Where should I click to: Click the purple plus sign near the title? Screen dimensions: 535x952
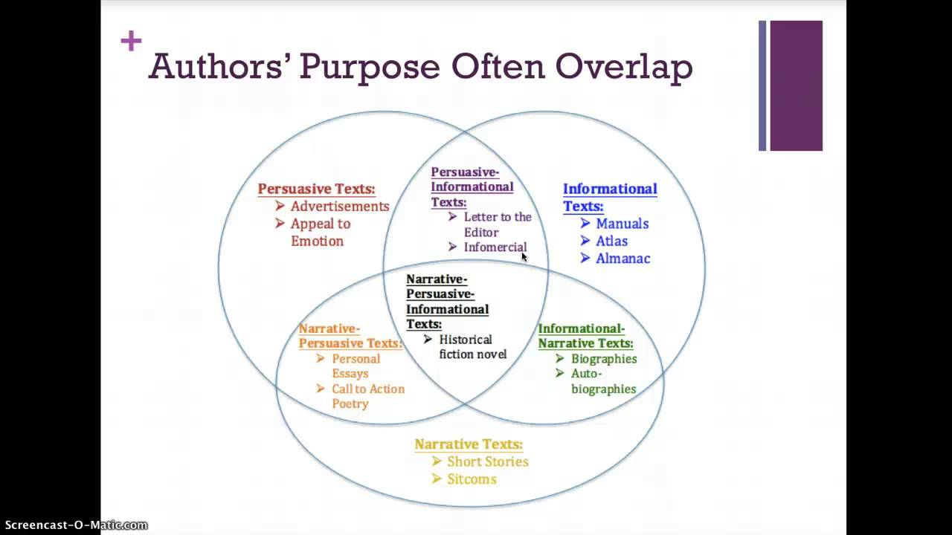click(131, 41)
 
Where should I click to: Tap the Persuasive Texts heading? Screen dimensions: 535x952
click(316, 189)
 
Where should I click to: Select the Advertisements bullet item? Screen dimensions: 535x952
click(339, 207)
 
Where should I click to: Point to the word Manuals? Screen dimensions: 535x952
click(622, 224)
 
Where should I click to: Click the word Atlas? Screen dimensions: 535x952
click(611, 241)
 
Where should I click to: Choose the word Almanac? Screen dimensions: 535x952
click(623, 259)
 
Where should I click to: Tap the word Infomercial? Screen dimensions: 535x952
click(495, 247)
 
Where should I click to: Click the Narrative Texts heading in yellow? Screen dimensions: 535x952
click(469, 444)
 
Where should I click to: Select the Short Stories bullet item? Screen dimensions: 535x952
click(487, 461)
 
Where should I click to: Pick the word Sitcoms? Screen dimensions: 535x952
click(472, 479)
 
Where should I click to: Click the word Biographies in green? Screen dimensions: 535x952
click(604, 359)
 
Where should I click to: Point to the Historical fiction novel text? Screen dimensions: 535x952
click(472, 347)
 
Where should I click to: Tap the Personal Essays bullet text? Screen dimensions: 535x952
click(356, 366)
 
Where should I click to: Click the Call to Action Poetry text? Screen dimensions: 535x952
click(367, 396)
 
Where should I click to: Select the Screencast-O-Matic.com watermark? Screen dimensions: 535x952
click(75, 525)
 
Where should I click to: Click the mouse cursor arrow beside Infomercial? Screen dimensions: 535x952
click(524, 257)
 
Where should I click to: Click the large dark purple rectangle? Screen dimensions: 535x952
click(796, 85)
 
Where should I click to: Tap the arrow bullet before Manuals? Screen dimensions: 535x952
click(585, 224)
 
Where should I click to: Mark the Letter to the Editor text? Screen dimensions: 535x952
click(497, 224)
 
